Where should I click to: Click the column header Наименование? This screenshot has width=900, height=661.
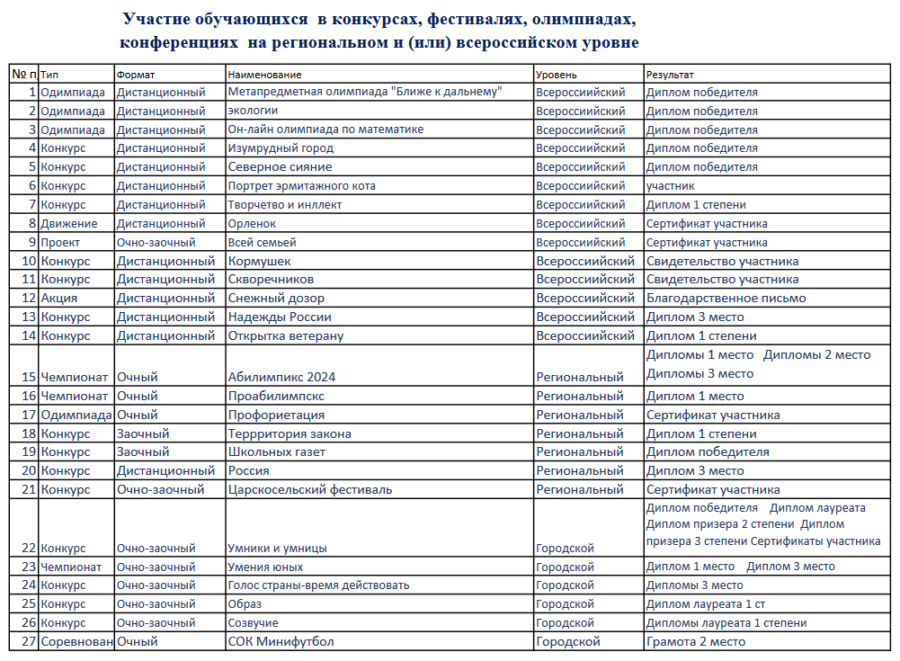265,75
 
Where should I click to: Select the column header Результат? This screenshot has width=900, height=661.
670,75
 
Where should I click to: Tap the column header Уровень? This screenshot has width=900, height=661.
557,75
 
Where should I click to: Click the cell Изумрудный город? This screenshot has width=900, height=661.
281,148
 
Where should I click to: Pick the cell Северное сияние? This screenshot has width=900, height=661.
280,167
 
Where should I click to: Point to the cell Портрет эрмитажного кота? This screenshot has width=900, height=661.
301,186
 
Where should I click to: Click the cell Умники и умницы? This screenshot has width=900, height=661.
277,548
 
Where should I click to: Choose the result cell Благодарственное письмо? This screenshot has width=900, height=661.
726,298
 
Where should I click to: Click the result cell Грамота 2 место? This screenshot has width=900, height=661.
696,642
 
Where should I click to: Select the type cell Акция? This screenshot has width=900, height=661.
58,298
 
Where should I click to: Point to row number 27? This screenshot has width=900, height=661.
27,642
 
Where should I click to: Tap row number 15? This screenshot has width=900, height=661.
27,377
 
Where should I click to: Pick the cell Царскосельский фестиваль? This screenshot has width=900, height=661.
310,490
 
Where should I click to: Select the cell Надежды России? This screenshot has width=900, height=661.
280,317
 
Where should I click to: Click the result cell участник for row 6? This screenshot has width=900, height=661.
671,186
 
